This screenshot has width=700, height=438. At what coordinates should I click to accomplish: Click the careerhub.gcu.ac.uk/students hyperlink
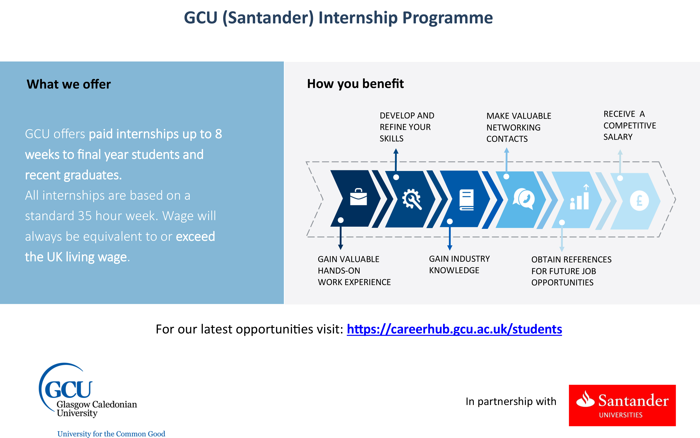(x=454, y=329)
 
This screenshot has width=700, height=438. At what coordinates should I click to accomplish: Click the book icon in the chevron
(x=466, y=200)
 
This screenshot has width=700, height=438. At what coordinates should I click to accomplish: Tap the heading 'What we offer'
(x=69, y=84)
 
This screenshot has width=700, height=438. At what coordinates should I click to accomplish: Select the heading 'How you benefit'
(x=355, y=84)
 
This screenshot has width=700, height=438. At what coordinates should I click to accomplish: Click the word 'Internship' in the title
(x=358, y=18)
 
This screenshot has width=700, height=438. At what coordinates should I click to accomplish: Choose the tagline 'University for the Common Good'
(x=111, y=434)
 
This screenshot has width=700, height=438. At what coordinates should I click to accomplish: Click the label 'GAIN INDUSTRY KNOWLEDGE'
(x=459, y=264)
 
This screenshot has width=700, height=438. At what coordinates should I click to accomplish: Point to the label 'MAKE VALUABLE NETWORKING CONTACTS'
(x=519, y=127)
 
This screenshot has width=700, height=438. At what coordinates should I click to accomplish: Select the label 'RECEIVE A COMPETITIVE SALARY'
(x=629, y=125)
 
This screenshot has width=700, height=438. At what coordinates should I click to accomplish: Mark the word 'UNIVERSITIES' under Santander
(x=621, y=415)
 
